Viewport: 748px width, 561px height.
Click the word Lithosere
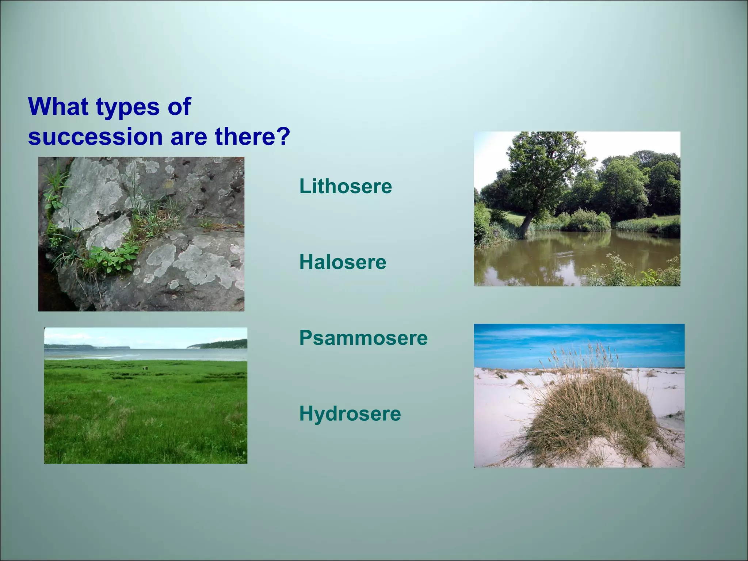click(x=346, y=186)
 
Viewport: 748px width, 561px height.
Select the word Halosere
click(x=343, y=262)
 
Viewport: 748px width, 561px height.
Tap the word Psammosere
click(x=363, y=338)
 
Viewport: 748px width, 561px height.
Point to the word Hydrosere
click(x=350, y=414)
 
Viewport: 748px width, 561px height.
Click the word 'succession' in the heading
click(x=95, y=136)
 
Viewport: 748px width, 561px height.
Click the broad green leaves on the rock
click(x=113, y=257)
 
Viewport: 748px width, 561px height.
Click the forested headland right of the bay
click(x=219, y=344)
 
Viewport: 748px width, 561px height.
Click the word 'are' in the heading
click(x=188, y=137)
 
